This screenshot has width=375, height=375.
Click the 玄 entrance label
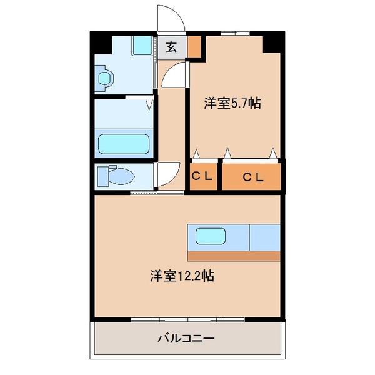point(171,47)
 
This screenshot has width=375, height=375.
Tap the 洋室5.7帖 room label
point(232,104)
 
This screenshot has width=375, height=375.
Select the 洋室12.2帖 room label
point(182,276)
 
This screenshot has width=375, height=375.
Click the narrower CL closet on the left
point(202,177)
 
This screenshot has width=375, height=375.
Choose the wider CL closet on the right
point(252,177)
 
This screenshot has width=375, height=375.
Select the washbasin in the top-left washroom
point(106,78)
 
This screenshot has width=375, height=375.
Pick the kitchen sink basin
point(211,236)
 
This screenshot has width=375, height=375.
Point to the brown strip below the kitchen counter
point(234,255)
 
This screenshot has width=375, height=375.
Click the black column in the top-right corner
point(272,42)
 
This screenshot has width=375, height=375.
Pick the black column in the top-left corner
point(101,42)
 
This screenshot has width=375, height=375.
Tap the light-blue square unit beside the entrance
point(143,46)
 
